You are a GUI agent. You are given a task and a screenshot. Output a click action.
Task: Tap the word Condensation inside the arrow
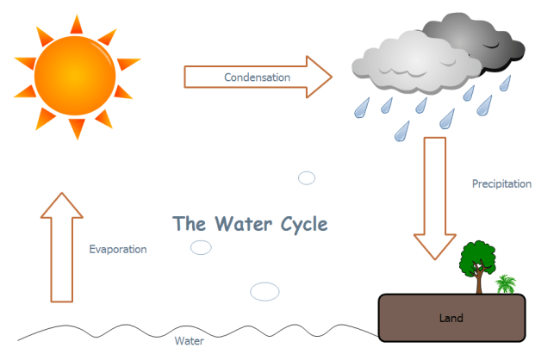(x=257, y=78)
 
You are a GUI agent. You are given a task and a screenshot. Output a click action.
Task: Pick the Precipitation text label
(x=501, y=183)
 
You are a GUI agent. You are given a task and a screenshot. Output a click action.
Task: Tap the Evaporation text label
(x=118, y=249)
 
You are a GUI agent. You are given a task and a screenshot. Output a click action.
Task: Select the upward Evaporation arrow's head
(x=61, y=205)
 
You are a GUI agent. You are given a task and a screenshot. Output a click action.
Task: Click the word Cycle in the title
(x=303, y=224)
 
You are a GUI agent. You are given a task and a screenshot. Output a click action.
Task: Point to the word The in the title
(x=188, y=224)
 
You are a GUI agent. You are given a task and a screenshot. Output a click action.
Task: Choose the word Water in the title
(x=242, y=224)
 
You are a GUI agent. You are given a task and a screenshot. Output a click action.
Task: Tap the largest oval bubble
(x=265, y=291)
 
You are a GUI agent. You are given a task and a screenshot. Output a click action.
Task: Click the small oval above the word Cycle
(x=307, y=178)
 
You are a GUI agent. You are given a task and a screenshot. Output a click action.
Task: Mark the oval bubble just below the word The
(x=201, y=248)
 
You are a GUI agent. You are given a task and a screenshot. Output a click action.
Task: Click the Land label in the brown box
(x=450, y=318)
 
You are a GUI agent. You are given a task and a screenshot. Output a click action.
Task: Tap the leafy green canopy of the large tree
(x=476, y=258)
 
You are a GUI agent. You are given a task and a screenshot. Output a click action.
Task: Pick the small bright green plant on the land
(x=506, y=284)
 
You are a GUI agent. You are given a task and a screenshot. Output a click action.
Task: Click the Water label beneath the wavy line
(x=189, y=340)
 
